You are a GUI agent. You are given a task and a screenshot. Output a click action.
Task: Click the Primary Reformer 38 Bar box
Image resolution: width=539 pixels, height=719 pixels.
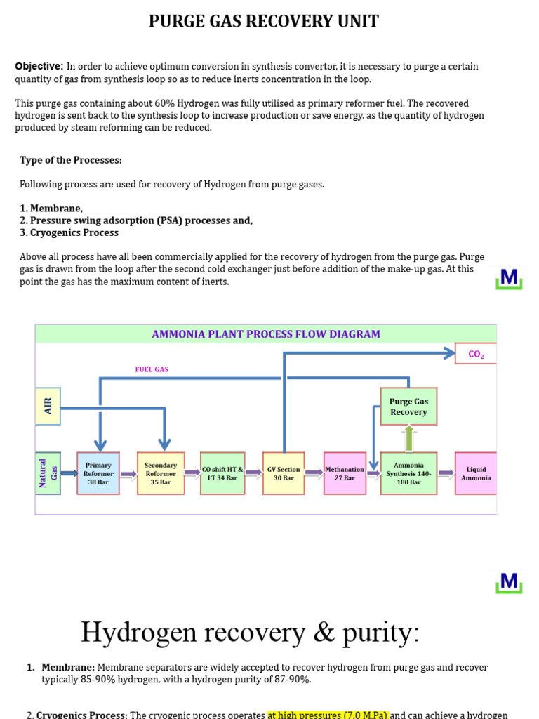(98, 473)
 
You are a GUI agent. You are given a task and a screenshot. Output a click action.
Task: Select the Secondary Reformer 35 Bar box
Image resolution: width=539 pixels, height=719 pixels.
(161, 473)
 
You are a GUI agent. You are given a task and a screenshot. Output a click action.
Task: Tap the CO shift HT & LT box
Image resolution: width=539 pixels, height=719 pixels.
(222, 473)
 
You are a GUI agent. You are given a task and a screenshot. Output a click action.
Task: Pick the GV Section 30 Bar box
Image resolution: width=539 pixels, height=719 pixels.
(284, 473)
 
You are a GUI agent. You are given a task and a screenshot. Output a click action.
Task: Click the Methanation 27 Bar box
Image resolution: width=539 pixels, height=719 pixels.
(345, 473)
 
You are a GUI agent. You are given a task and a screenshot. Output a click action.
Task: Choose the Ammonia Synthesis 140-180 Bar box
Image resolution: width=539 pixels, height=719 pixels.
(408, 473)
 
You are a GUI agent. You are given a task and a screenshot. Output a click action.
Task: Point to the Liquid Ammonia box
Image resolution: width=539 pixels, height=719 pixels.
(476, 473)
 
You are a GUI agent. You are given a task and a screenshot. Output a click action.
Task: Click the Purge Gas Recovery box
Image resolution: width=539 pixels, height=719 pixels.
(408, 407)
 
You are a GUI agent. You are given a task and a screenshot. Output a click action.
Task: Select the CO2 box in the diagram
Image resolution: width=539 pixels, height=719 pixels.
(476, 354)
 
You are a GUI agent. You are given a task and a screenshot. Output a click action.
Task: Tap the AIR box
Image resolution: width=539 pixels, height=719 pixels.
(48, 406)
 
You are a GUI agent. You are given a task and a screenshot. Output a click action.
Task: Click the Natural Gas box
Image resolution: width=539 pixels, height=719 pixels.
(48, 473)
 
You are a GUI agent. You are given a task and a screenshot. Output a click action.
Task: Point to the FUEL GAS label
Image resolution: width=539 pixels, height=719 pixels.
(152, 369)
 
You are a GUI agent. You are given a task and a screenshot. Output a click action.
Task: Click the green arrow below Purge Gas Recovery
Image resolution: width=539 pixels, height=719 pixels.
(409, 439)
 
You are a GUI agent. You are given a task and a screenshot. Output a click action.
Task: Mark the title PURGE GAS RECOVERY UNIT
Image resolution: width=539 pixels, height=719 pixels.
(264, 22)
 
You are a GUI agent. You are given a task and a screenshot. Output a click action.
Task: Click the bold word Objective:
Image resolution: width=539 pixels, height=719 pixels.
(39, 66)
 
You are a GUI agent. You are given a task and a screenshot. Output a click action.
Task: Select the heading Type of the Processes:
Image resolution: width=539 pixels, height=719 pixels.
(71, 160)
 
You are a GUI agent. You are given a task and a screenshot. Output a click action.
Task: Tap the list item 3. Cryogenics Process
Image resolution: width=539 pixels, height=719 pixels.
(69, 232)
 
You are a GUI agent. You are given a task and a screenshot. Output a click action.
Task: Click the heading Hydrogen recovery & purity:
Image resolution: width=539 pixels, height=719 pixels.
(250, 632)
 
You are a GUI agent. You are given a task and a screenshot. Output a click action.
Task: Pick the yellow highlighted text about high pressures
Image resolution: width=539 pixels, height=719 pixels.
(328, 715)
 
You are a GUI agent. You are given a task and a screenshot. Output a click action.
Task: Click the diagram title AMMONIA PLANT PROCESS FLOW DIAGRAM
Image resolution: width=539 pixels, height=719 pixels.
(266, 334)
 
